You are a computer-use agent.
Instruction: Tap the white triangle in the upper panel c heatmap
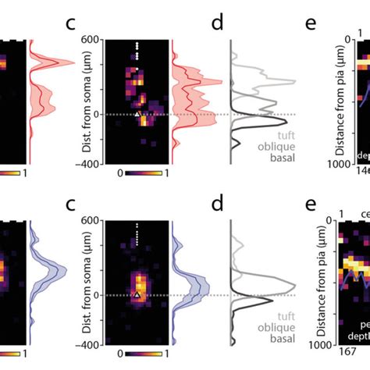pyautogui.click(x=137, y=114)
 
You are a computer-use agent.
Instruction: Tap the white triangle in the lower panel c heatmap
pyautogui.click(x=137, y=295)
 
